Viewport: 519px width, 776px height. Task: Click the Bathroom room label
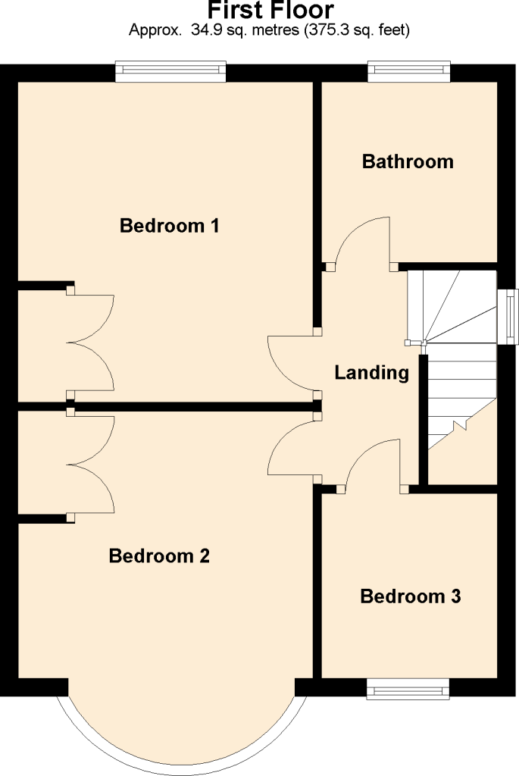pyautogui.click(x=408, y=161)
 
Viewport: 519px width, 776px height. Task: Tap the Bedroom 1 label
pyautogui.click(x=169, y=226)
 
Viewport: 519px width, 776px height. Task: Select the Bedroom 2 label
pyautogui.click(x=159, y=555)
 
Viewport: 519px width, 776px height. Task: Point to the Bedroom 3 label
pyautogui.click(x=411, y=596)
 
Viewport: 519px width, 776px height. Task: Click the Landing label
pyautogui.click(x=372, y=373)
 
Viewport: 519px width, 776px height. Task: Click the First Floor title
pyautogui.click(x=270, y=10)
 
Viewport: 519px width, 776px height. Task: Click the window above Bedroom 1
pyautogui.click(x=170, y=71)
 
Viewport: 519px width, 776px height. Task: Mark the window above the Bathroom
pyautogui.click(x=409, y=71)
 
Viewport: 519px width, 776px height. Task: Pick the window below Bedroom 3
pyautogui.click(x=408, y=688)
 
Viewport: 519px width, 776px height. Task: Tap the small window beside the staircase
pyautogui.click(x=508, y=317)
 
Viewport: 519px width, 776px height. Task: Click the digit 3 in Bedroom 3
pyautogui.click(x=455, y=596)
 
